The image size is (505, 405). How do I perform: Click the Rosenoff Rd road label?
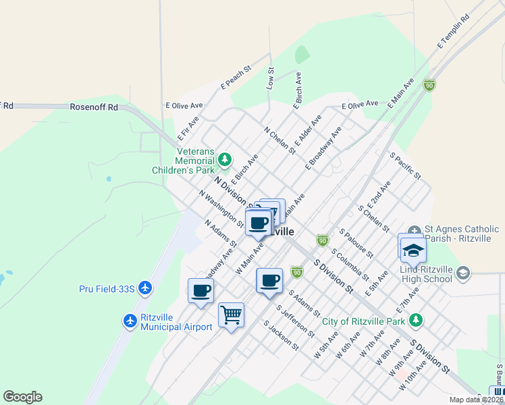point(94,107)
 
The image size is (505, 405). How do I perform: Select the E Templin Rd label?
point(453,32)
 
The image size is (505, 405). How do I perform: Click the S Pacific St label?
point(405,165)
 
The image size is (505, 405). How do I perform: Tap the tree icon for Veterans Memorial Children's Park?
point(225,160)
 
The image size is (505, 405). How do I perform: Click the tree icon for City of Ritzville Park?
point(417,320)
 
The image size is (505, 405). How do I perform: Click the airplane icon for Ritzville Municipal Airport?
point(130,320)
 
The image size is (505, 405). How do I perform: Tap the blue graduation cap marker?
point(413,250)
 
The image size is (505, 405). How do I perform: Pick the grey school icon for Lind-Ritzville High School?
point(462,273)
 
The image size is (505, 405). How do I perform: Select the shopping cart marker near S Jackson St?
point(231,315)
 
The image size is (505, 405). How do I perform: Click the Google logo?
point(22,397)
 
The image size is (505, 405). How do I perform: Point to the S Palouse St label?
point(356,243)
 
